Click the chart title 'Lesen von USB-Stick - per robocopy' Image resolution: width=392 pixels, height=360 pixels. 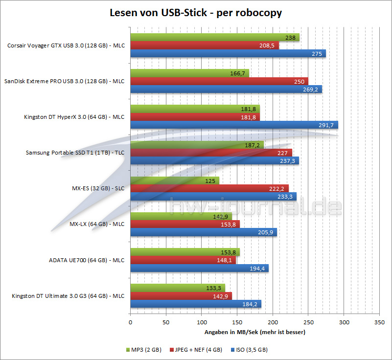tap(195, 13)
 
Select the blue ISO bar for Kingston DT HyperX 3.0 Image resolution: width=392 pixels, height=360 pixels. tap(234, 125)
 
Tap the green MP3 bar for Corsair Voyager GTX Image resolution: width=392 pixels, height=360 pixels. tap(214, 37)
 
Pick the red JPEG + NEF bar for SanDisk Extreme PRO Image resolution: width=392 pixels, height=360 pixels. tap(219, 81)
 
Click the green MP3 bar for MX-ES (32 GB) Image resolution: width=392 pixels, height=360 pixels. tap(174, 180)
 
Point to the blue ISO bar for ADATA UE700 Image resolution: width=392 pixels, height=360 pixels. tap(199, 268)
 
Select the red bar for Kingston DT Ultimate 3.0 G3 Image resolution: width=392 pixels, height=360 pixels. tap(181, 296)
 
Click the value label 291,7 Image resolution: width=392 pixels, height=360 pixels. tap(325, 125)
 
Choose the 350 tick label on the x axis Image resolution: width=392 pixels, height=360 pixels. tap(379, 322)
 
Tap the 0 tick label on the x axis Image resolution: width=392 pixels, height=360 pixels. tap(130, 322)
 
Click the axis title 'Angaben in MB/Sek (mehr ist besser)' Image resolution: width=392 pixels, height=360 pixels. tap(254, 332)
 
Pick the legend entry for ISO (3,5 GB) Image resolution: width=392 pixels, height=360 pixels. tap(250, 350)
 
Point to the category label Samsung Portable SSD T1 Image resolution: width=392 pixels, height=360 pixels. tap(75, 153)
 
